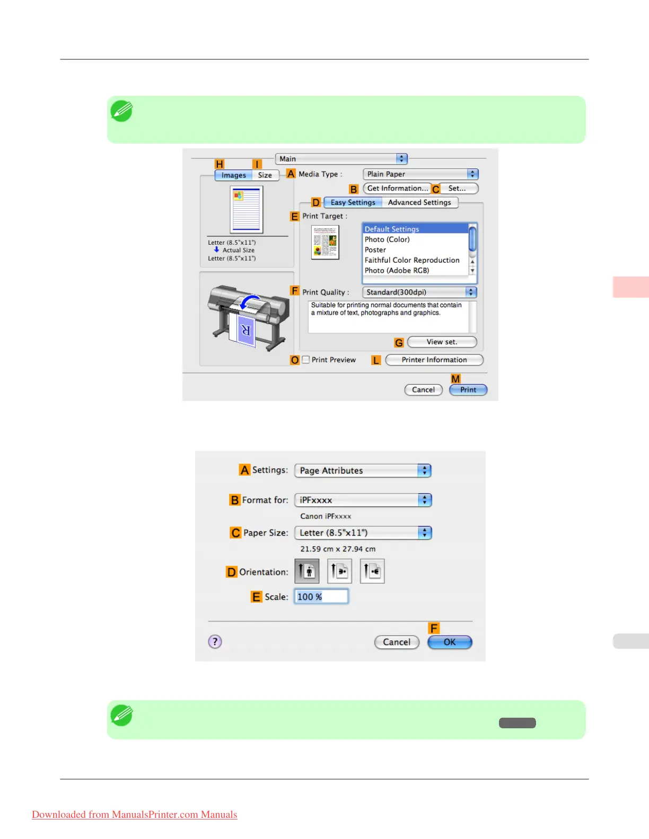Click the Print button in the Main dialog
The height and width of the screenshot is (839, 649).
pyautogui.click(x=468, y=390)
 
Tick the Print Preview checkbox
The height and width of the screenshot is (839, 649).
pyautogui.click(x=306, y=360)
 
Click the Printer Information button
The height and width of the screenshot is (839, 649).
pyautogui.click(x=434, y=360)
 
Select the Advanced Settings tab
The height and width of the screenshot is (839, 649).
pyautogui.click(x=419, y=202)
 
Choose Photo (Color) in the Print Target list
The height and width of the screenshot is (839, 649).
pyautogui.click(x=387, y=239)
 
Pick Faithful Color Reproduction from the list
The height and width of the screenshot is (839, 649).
pyautogui.click(x=411, y=260)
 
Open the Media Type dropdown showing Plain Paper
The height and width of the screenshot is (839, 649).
pyautogui.click(x=420, y=174)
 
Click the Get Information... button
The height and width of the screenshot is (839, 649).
pyautogui.click(x=397, y=189)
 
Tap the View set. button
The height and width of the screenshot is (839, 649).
pyautogui.click(x=442, y=342)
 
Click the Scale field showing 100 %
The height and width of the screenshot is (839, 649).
pyautogui.click(x=321, y=597)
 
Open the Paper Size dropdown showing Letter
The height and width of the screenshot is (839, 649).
pyautogui.click(x=363, y=533)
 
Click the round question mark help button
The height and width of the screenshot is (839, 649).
pyautogui.click(x=215, y=642)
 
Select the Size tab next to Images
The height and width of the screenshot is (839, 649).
pyautogui.click(x=265, y=175)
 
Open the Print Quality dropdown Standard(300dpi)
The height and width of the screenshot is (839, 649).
pyautogui.click(x=419, y=292)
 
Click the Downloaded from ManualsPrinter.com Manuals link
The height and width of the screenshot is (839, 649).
pyautogui.click(x=135, y=815)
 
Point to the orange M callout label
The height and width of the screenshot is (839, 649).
pyautogui.click(x=455, y=379)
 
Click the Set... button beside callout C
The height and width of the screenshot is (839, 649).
pyautogui.click(x=457, y=189)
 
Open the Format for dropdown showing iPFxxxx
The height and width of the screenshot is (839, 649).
pyautogui.click(x=363, y=500)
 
